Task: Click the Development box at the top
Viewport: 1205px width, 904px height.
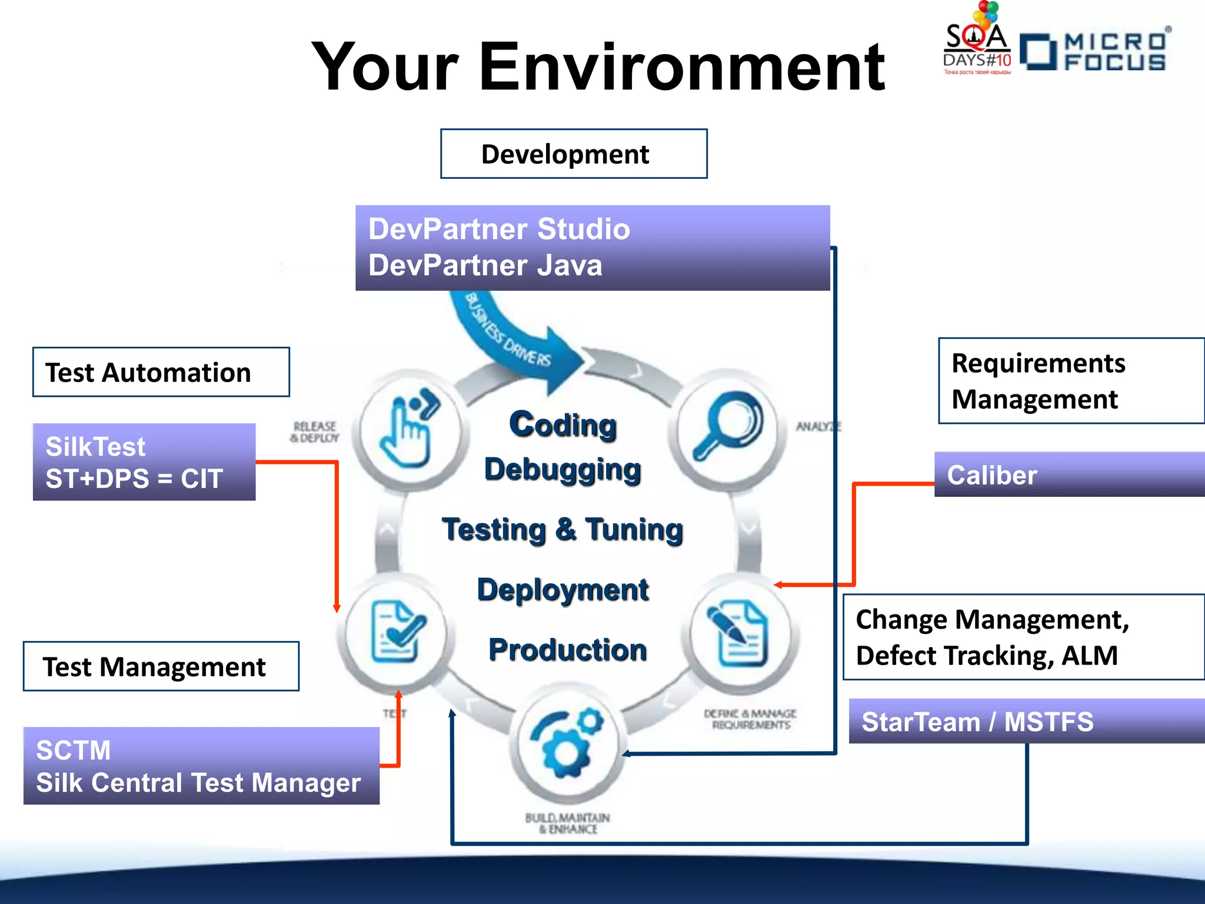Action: coord(574,154)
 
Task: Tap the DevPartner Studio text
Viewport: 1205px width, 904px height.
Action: coord(499,229)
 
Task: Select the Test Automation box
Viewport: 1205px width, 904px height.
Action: coord(161,372)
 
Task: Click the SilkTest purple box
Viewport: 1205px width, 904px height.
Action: coord(144,462)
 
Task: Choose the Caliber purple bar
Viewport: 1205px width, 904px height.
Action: coord(1068,474)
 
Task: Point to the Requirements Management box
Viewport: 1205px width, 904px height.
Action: coord(1070,381)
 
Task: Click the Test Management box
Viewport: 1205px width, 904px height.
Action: coord(161,666)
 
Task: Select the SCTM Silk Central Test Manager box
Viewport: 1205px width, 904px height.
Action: coord(201,766)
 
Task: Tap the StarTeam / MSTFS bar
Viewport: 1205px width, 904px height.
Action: coord(1026,721)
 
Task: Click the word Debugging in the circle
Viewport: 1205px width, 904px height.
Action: coord(562,470)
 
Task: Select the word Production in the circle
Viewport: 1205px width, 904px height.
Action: coord(567,650)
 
